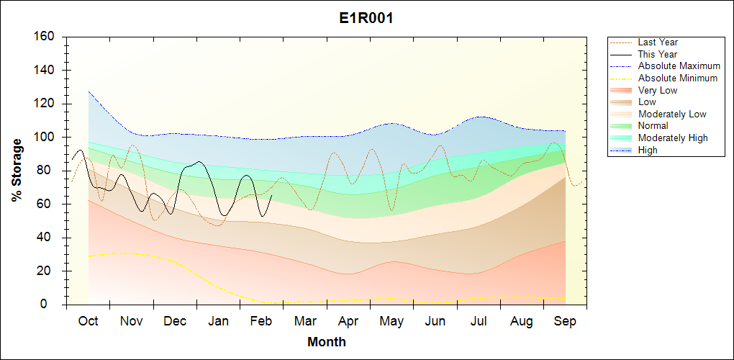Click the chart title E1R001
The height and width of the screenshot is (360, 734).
coord(366,19)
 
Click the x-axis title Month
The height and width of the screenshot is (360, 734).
coord(327,342)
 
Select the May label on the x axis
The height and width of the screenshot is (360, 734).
coord(392,322)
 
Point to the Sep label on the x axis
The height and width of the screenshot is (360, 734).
coord(565,322)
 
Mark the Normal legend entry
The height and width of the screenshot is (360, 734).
coord(653,126)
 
